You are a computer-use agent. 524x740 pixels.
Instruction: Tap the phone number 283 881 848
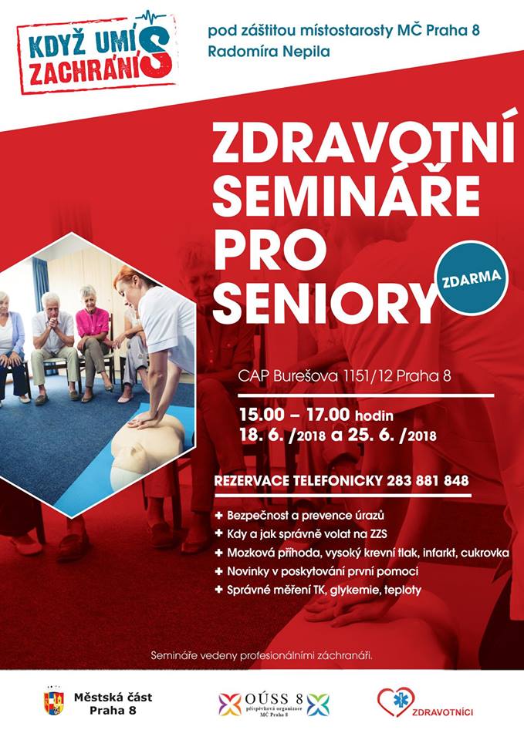(x=428, y=481)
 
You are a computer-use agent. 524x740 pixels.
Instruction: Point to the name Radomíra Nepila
(x=269, y=52)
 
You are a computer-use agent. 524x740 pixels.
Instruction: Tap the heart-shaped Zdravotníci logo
(x=396, y=702)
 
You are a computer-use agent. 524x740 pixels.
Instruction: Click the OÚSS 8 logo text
(x=274, y=699)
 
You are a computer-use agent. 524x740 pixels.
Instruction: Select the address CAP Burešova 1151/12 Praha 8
(x=344, y=376)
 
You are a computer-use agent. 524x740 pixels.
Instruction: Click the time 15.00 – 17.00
(x=295, y=415)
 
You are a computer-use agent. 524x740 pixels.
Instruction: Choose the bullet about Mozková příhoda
(x=362, y=553)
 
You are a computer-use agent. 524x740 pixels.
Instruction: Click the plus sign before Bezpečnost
(x=218, y=516)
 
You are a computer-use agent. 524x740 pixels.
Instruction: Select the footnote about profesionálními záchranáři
(x=262, y=655)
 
